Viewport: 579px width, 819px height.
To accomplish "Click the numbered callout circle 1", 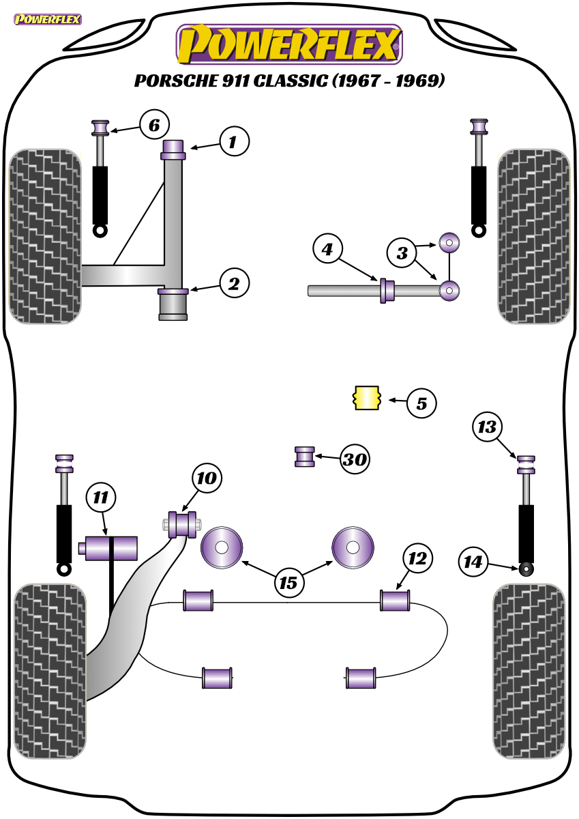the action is [235, 141].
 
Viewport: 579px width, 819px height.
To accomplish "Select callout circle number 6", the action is [155, 124].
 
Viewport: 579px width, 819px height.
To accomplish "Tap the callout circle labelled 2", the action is [235, 283].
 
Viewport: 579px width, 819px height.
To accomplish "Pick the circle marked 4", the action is [327, 249].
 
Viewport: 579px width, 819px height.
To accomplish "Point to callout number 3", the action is [402, 253].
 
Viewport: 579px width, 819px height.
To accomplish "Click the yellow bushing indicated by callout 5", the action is [367, 398].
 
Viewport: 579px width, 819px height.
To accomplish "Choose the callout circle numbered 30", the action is [355, 459].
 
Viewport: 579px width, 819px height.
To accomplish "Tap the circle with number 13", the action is [488, 427].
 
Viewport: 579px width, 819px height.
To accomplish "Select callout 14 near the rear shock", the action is [473, 562].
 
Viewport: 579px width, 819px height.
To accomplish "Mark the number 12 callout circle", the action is [418, 558].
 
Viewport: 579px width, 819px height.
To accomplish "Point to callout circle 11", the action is [101, 498].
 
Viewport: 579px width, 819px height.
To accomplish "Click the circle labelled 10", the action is [207, 478].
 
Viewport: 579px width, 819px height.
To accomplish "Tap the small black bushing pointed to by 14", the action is [526, 569].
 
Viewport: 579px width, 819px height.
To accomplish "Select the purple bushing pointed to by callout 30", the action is [305, 457].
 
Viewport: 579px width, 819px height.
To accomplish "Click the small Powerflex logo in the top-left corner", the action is [48, 19].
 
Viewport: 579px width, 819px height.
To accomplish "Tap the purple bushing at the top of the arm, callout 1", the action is [173, 149].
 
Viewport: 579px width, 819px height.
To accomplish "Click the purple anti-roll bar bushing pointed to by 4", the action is [387, 291].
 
